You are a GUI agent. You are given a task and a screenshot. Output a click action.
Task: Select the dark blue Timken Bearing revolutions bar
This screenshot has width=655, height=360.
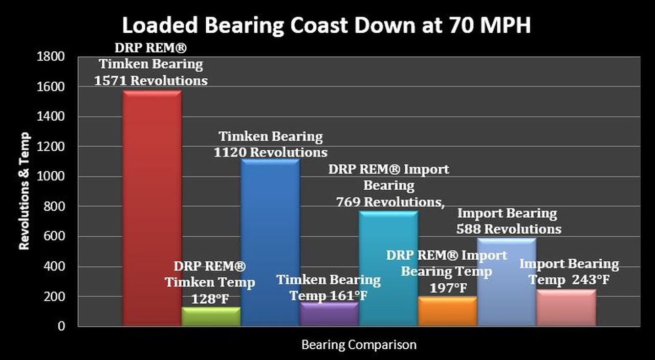click(x=270, y=230)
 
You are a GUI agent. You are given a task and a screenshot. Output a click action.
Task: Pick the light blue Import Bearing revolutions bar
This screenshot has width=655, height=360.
click(x=507, y=281)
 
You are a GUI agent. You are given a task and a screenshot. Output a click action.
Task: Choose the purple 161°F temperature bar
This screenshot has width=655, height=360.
click(x=329, y=314)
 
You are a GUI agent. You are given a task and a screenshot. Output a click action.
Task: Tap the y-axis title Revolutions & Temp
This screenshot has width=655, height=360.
click(x=24, y=191)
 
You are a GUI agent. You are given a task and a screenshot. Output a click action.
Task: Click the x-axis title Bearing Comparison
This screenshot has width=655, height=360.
click(x=359, y=345)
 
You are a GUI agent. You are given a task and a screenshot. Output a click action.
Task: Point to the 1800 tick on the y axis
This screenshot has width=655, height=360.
click(x=51, y=57)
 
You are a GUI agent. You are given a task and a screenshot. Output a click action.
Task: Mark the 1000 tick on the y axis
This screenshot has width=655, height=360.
click(x=51, y=177)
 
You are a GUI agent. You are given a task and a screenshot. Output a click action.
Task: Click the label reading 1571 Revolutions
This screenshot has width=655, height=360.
click(x=151, y=81)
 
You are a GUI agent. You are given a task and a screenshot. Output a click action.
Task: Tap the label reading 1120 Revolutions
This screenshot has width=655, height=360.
click(x=271, y=152)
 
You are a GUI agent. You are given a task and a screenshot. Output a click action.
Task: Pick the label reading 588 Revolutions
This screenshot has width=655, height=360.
click(x=509, y=229)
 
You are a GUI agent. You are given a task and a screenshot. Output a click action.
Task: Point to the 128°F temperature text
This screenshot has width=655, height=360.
click(x=210, y=299)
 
